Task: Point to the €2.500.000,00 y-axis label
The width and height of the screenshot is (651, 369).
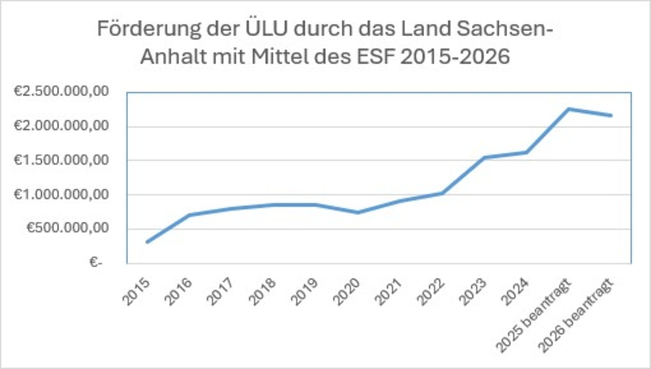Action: (61, 91)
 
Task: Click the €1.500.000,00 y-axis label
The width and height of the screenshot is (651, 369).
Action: (61, 160)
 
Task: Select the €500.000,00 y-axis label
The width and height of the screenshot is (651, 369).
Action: (67, 228)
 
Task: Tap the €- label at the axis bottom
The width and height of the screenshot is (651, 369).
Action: (96, 262)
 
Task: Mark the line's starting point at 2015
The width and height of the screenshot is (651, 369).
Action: (147, 242)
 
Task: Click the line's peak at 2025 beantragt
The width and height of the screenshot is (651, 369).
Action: (569, 109)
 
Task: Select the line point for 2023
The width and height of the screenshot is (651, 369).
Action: (484, 157)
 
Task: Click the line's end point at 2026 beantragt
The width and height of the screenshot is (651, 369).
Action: (611, 115)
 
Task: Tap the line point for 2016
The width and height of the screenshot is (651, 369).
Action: (189, 215)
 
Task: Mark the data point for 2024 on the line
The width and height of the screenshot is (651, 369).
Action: (526, 153)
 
